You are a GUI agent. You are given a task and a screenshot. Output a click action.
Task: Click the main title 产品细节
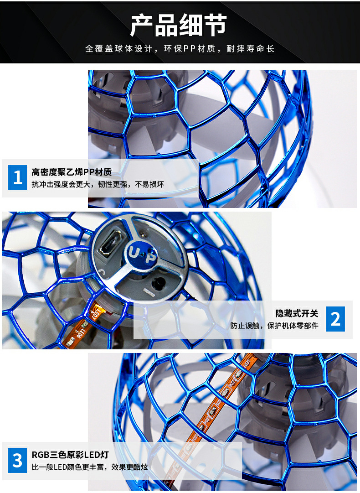point(179,25)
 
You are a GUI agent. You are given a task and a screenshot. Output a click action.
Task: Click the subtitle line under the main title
point(180,49)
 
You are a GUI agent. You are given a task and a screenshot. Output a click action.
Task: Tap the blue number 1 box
point(18,177)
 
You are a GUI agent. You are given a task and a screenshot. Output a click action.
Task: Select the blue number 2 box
point(335,319)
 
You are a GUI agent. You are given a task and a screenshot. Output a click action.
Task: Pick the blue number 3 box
point(18,460)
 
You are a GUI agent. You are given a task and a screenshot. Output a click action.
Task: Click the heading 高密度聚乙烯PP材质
point(72,172)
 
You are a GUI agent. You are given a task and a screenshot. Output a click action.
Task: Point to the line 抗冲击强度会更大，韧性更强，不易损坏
point(98,184)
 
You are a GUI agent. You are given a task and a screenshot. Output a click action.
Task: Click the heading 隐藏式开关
point(297,313)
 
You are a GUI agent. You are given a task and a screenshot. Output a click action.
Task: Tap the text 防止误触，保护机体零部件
point(274,326)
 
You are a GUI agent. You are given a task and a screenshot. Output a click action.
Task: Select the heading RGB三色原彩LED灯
point(70,455)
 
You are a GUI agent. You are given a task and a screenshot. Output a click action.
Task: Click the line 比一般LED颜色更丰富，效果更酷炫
point(90,467)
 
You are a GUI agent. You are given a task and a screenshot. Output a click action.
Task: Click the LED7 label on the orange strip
point(94,313)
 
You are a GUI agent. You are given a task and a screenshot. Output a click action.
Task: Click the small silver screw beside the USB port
point(143,234)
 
